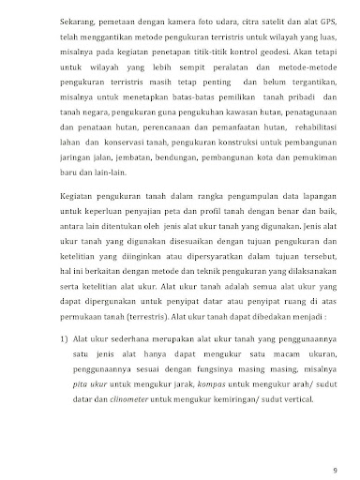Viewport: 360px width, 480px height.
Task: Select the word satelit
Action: coord(250,18)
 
